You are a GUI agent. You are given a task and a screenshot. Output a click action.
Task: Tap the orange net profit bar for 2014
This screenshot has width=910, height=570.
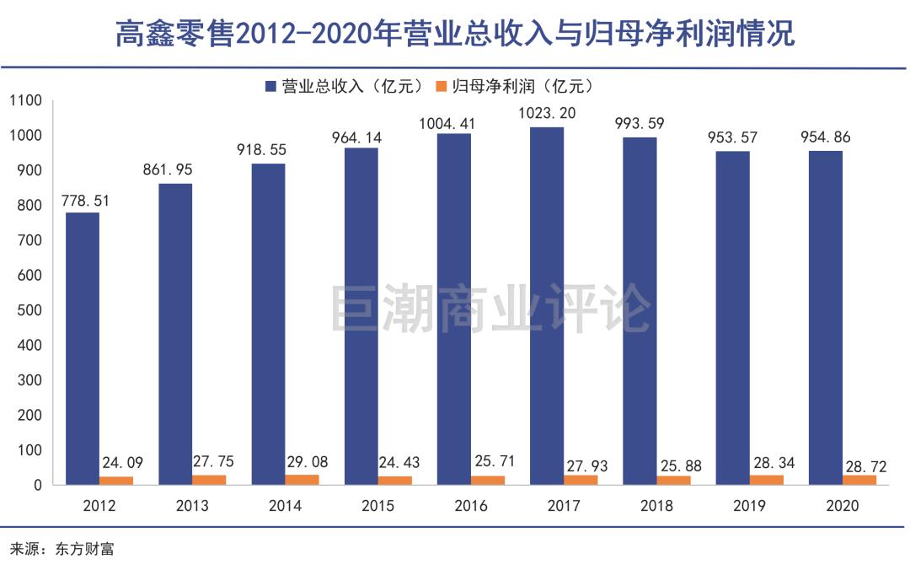point(302,480)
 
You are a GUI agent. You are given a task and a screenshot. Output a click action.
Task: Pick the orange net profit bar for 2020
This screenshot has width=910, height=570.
point(859,480)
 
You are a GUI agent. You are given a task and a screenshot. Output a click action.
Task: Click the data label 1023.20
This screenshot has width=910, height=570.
point(548,112)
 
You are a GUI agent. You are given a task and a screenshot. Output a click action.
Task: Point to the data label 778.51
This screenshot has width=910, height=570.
point(85,201)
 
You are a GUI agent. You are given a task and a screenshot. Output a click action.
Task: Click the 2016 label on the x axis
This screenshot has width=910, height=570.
point(471,506)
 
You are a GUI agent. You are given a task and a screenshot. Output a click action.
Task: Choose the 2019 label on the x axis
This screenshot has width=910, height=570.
point(749,506)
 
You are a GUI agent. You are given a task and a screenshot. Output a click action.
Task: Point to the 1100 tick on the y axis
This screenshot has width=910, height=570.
point(25,100)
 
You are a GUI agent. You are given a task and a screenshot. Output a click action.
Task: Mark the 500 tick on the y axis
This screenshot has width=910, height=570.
point(29,310)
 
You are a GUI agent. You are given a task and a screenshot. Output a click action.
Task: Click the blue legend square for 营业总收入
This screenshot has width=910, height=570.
point(270,86)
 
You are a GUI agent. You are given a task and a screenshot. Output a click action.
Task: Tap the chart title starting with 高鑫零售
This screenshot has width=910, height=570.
point(455,35)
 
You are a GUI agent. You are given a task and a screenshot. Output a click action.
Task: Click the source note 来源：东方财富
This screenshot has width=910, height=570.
point(62,549)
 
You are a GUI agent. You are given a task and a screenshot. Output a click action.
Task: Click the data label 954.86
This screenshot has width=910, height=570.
point(826,137)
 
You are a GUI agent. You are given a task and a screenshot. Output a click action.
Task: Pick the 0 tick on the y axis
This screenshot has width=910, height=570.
point(36,486)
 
